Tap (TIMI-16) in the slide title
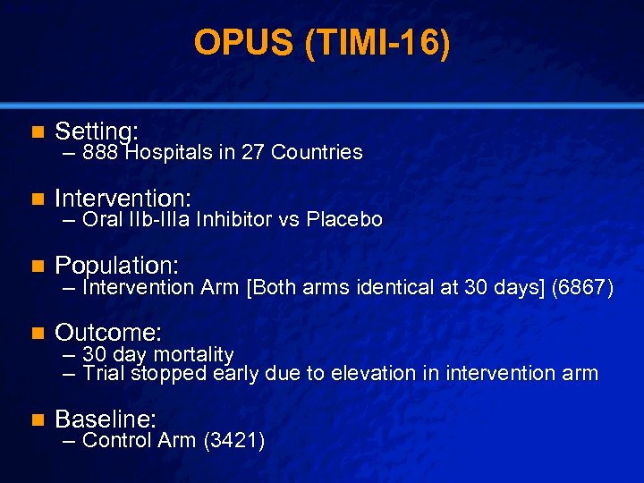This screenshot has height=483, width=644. tap(377, 44)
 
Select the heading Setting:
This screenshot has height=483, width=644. tap(96, 131)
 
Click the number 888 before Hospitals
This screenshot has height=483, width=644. tap(102, 153)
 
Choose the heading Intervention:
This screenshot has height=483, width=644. tap(123, 198)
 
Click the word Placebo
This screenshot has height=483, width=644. tap(344, 220)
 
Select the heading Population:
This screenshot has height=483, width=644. tap(116, 265)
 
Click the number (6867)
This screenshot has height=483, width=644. tap(583, 288)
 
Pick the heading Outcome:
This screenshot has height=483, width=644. tap(108, 333)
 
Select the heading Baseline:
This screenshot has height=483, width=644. tap(106, 418)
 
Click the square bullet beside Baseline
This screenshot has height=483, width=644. tap(37, 419)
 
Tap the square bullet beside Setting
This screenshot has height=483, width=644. tap(37, 131)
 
